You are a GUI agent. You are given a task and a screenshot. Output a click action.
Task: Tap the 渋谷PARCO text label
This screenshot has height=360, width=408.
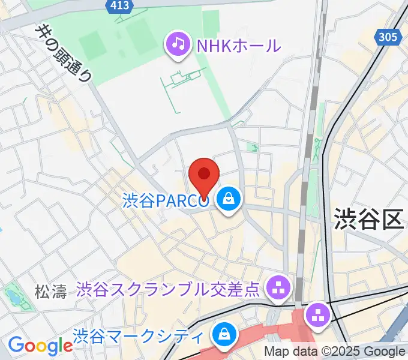click(166, 200)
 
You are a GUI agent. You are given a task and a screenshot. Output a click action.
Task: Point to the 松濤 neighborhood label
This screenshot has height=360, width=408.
click(50, 292)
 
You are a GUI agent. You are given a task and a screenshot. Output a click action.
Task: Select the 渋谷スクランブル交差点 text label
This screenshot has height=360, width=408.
click(169, 290)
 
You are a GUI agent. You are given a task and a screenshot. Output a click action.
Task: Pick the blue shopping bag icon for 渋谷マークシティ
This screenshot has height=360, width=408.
click(224, 333)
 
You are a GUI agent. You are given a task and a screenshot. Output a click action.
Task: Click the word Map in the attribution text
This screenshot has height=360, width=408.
click(277, 352)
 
